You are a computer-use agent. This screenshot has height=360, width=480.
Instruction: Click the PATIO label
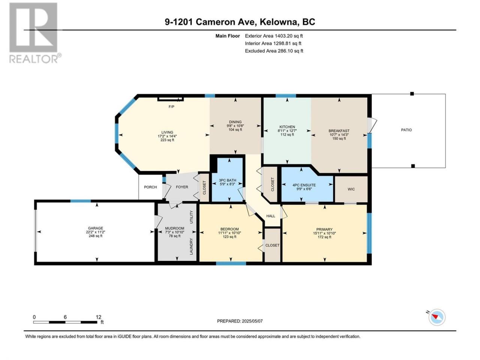pyautogui.click(x=406, y=130)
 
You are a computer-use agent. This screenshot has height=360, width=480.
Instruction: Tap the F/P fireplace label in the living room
pyautogui.click(x=171, y=106)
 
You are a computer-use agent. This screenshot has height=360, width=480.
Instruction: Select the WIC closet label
pyautogui.click(x=351, y=189)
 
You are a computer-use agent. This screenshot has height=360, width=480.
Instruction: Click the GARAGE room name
pyautogui.click(x=96, y=228)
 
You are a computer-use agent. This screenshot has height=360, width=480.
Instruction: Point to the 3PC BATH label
pyautogui.click(x=227, y=180)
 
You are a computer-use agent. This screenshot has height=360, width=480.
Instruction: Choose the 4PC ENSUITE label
pyautogui.click(x=304, y=185)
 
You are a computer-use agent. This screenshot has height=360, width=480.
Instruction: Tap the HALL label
pyautogui.click(x=270, y=216)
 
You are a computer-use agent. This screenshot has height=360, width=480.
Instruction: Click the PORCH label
pyautogui.click(x=150, y=187)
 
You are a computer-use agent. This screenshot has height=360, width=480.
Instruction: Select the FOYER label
pyautogui.click(x=182, y=187)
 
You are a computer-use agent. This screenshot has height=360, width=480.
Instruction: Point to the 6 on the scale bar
pyautogui.click(x=65, y=317)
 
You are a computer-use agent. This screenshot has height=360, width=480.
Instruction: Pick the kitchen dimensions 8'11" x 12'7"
pyautogui.click(x=287, y=131)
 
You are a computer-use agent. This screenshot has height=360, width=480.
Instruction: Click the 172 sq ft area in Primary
pyautogui.click(x=324, y=237)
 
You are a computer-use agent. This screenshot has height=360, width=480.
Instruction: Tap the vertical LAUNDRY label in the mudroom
pyautogui.click(x=191, y=246)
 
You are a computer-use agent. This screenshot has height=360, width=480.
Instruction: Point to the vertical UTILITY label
pyautogui.click(x=191, y=217)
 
